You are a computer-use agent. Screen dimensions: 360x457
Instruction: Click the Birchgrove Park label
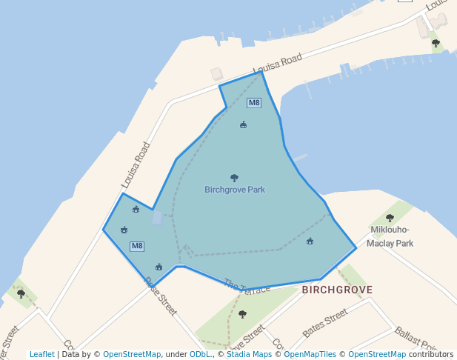(235, 190)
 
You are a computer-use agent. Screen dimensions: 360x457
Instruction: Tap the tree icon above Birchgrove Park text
(235, 178)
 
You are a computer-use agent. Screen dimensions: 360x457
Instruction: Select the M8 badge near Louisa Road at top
(254, 103)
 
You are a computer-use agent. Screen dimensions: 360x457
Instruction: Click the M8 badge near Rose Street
(137, 246)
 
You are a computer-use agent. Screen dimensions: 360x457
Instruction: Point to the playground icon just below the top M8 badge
(243, 124)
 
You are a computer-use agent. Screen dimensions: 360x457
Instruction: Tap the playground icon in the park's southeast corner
(310, 241)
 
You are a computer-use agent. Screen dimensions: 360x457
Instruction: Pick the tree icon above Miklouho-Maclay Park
(390, 218)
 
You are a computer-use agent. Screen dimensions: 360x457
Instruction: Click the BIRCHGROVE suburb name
(337, 290)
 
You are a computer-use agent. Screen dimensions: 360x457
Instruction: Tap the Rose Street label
(161, 296)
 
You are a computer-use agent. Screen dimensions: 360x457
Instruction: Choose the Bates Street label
(324, 323)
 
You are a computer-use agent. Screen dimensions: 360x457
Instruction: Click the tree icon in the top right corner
(436, 43)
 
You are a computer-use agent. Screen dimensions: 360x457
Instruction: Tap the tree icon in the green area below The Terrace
(242, 314)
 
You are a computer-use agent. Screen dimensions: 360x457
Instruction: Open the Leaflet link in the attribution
(41, 355)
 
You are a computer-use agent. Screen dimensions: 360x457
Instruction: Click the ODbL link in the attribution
(200, 355)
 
